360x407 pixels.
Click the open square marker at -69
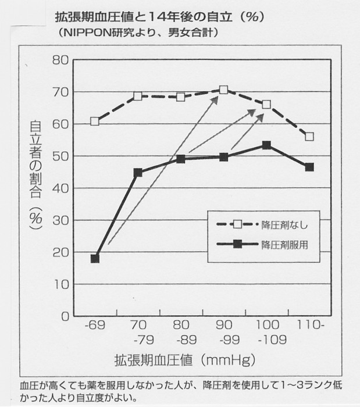(x=95, y=122)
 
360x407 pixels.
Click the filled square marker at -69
(x=95, y=259)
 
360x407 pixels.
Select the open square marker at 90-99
(x=224, y=90)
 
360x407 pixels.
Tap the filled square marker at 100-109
(x=266, y=145)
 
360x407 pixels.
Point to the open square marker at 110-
(x=309, y=137)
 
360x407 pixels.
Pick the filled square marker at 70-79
(x=138, y=173)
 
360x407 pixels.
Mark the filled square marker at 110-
(x=309, y=167)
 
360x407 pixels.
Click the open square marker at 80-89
(x=181, y=97)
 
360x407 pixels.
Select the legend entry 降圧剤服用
(x=284, y=244)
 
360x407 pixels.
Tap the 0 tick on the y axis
(x=65, y=317)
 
